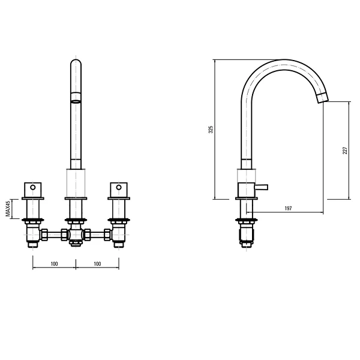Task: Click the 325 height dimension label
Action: click(x=211, y=129)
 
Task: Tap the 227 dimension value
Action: click(x=345, y=151)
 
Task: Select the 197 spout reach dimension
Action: click(x=288, y=208)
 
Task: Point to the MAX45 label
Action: click(x=8, y=209)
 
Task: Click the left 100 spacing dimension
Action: click(x=54, y=264)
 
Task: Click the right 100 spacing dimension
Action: click(x=97, y=264)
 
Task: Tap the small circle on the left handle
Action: click(x=33, y=187)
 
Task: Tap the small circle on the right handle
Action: click(x=119, y=187)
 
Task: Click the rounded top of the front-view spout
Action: click(x=76, y=62)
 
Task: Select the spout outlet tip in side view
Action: click(x=322, y=98)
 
